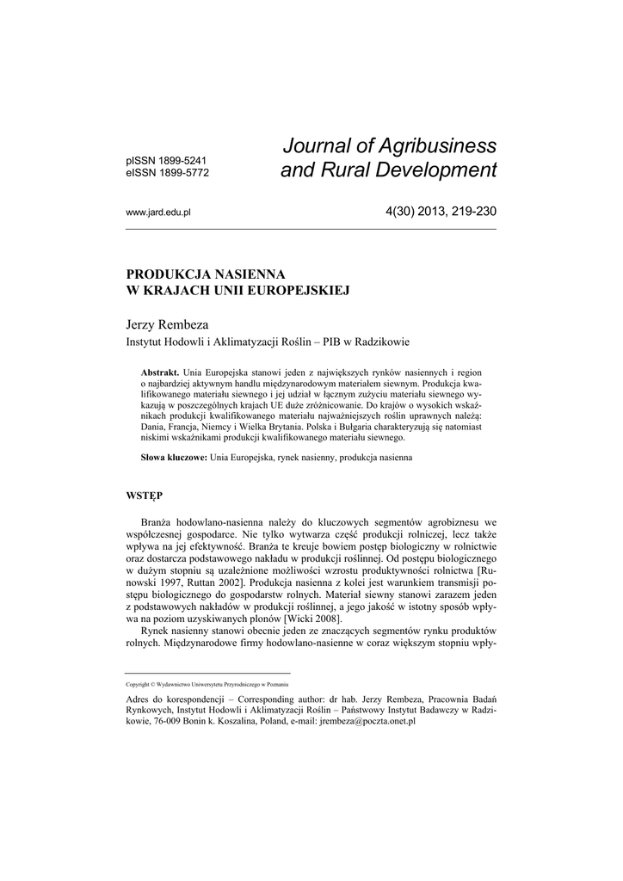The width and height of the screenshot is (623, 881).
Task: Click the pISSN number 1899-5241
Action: (x=182, y=160)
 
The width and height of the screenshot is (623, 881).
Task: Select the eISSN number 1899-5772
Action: (x=182, y=172)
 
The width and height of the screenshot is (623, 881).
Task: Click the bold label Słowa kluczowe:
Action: (x=174, y=459)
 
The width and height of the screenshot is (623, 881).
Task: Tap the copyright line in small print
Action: (x=207, y=684)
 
